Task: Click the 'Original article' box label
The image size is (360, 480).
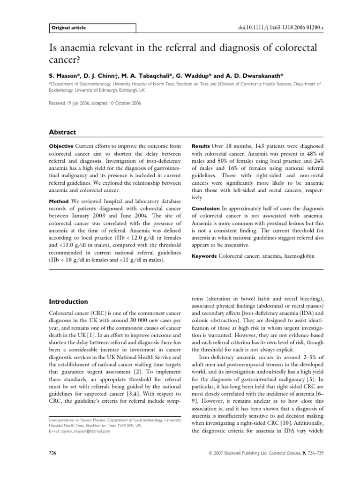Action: click(x=69, y=28)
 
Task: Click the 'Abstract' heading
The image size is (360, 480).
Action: click(x=63, y=133)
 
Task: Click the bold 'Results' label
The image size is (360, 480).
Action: click(x=200, y=146)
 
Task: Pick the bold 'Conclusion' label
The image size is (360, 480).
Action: click(x=204, y=208)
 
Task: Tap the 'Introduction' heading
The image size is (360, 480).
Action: click(x=68, y=301)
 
